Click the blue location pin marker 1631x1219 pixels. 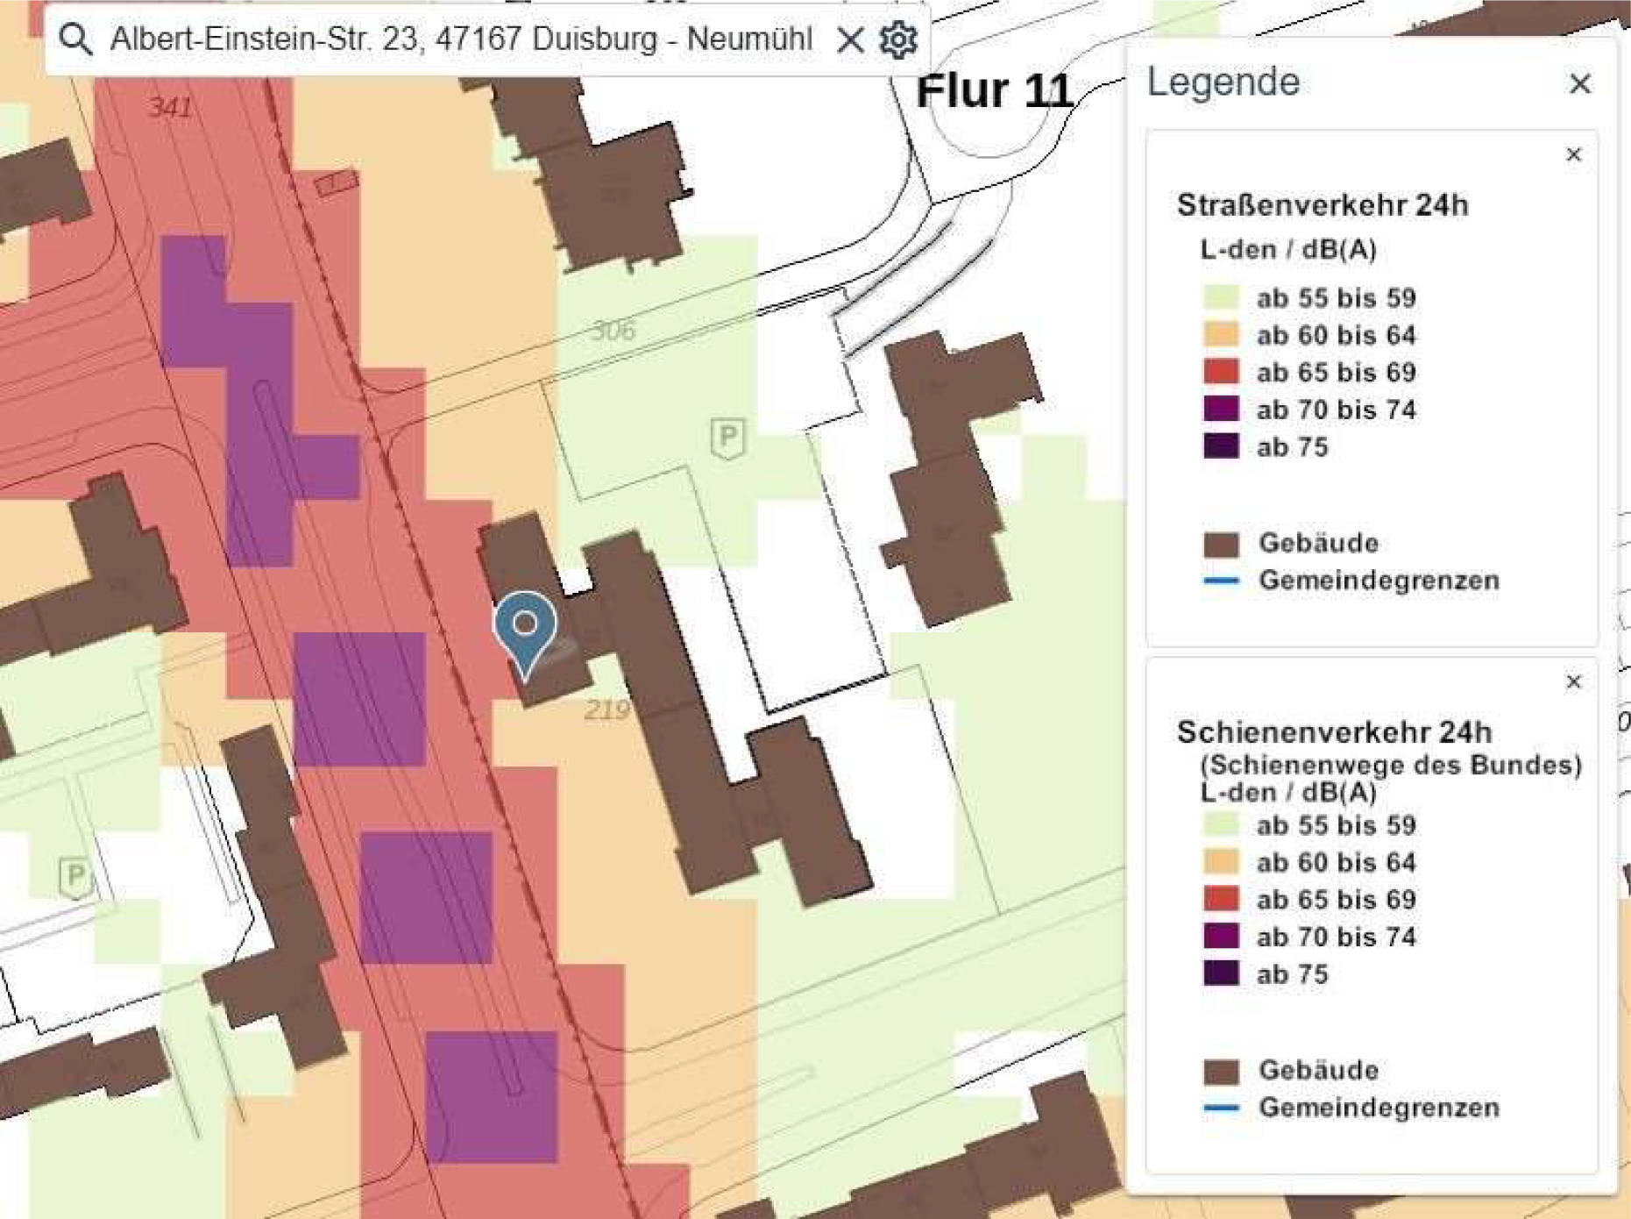pos(525,626)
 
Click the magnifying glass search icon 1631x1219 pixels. pos(75,39)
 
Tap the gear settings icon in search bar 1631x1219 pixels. pos(898,39)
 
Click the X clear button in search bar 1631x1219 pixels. pos(849,39)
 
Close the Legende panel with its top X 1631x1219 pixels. pos(1579,84)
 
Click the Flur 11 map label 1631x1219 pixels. pos(994,91)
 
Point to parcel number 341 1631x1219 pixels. pos(170,107)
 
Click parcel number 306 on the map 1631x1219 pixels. pos(613,331)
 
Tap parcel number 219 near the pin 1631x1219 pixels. pos(606,709)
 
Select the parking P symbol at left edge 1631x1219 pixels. pos(75,875)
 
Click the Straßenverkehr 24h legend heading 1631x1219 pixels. pos(1322,205)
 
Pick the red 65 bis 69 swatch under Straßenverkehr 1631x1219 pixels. pos(1221,372)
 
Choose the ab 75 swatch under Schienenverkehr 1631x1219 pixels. pos(1221,973)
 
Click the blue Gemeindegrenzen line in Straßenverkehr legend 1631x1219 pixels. pos(1221,581)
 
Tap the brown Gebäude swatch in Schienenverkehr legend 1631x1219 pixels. pos(1221,1071)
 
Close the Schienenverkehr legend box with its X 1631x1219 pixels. pos(1573,682)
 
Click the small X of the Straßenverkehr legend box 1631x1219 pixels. pos(1573,155)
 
